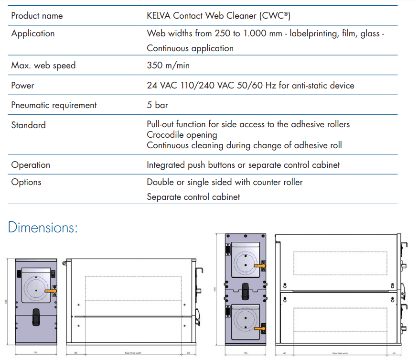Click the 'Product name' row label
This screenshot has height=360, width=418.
click(37, 16)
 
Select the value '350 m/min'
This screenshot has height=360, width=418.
click(168, 65)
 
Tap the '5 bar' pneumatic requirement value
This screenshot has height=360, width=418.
click(157, 105)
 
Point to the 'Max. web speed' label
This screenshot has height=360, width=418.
click(43, 65)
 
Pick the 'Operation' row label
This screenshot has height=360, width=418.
click(31, 165)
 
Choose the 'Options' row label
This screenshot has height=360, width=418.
click(26, 182)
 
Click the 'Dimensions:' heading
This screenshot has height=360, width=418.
click(43, 227)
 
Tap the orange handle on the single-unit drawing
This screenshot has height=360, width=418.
click(50, 290)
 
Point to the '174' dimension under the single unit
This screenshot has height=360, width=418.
click(36, 353)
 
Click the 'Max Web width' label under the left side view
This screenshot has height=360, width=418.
click(133, 353)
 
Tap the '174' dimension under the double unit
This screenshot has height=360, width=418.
click(246, 353)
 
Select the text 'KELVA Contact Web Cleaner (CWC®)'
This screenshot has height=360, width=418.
click(219, 16)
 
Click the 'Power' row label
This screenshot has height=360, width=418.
click(22, 86)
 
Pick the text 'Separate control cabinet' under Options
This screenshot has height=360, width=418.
click(193, 197)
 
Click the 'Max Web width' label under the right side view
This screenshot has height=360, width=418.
click(340, 353)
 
